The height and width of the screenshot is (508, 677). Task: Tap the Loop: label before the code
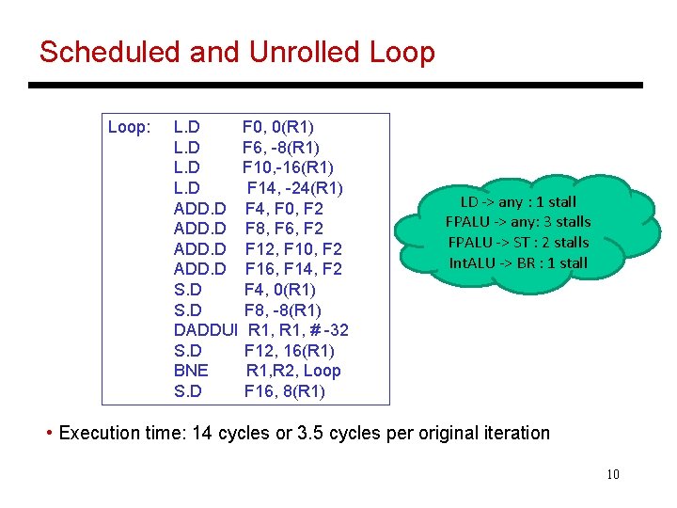(x=130, y=127)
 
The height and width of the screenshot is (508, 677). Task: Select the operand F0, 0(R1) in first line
(x=278, y=127)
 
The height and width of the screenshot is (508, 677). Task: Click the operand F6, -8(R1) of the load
(x=280, y=148)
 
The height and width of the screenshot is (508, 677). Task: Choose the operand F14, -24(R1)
(x=294, y=188)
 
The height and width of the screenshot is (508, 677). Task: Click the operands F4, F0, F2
(x=284, y=208)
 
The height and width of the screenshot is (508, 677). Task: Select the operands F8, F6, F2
(x=284, y=229)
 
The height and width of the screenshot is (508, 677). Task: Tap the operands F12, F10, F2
(x=293, y=249)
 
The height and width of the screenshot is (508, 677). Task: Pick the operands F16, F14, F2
(x=293, y=269)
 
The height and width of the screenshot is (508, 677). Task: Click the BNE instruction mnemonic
(x=192, y=371)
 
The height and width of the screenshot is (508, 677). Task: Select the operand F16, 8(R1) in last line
(x=285, y=391)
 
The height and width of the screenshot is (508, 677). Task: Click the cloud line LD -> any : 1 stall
(x=518, y=202)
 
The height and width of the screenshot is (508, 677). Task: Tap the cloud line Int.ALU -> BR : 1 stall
(x=518, y=262)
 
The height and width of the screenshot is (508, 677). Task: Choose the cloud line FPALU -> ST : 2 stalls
(x=518, y=242)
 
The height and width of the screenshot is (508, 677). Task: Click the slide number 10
(x=613, y=474)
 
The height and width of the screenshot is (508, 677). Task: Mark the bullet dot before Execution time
(x=49, y=434)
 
